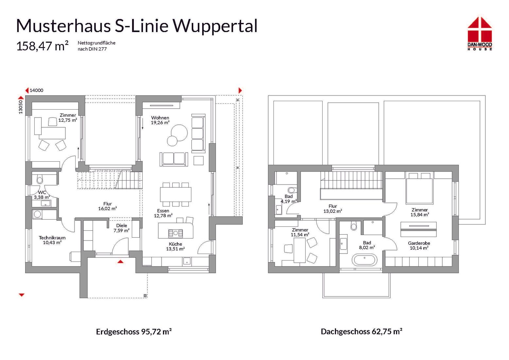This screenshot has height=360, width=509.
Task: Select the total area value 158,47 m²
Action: pos(42,46)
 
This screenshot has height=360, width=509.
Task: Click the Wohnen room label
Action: pos(160,118)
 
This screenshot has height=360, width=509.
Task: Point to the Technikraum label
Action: pos(52,238)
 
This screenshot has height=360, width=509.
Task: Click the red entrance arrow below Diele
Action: pos(120,261)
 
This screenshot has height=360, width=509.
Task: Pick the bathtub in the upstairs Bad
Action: pos(364,261)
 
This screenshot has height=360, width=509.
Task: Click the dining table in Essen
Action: pos(176,194)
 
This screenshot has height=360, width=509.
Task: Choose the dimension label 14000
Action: pos(36,91)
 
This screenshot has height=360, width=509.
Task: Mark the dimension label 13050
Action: pos(21,107)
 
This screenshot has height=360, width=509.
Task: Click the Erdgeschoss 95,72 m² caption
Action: pos(134,332)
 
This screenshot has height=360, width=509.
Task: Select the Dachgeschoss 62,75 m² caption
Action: pos(361,332)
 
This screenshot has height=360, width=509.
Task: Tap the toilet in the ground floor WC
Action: pos(40,180)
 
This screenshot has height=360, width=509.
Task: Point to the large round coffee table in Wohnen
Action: pos(179,133)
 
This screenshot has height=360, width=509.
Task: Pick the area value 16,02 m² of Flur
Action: pos(108,208)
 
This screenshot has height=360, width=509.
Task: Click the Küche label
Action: pos(175,244)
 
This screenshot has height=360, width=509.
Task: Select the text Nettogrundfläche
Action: pos(97,43)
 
